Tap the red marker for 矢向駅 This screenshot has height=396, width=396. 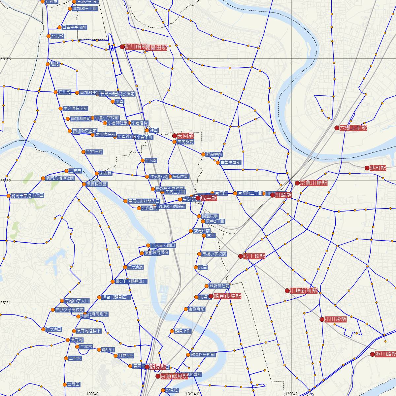[x=175, y=136]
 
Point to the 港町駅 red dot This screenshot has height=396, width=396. [x=367, y=168]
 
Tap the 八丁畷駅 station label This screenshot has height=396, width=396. [x=254, y=256]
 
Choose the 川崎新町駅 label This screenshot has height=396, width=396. [x=303, y=291]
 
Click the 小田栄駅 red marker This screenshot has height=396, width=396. [x=322, y=319]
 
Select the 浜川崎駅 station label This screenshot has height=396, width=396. [x=385, y=354]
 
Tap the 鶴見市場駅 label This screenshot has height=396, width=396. [x=227, y=296]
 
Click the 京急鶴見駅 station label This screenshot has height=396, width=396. [x=174, y=376]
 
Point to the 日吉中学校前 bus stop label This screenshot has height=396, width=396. [x=74, y=27]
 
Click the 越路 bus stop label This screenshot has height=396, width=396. [x=55, y=64]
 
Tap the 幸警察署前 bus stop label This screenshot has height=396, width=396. [x=231, y=163]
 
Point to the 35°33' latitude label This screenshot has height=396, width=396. [x=6, y=59]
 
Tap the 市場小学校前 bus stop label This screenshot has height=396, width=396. [x=214, y=254]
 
